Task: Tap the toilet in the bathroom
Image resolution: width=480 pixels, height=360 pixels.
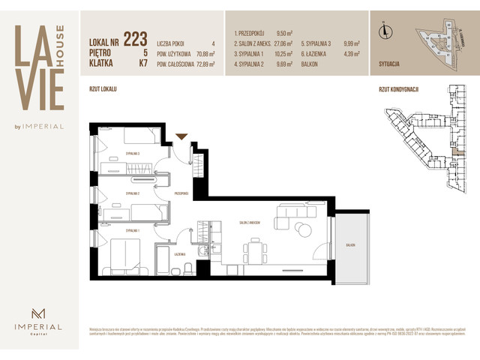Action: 191,268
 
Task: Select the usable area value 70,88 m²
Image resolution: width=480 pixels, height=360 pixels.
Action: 205,54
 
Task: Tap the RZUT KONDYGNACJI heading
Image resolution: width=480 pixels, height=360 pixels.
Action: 398,88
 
